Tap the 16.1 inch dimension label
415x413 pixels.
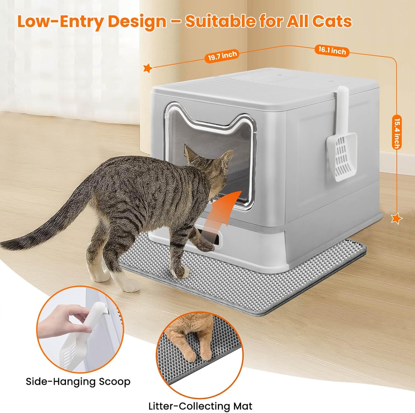point(332,51)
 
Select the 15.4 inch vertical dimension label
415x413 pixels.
point(397,133)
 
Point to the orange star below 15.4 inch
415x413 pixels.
point(396,218)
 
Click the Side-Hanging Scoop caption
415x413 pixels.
point(78,381)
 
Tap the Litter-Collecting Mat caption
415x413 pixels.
point(200,406)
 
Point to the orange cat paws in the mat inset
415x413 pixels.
point(191,343)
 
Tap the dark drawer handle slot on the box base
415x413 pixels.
point(213,238)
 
